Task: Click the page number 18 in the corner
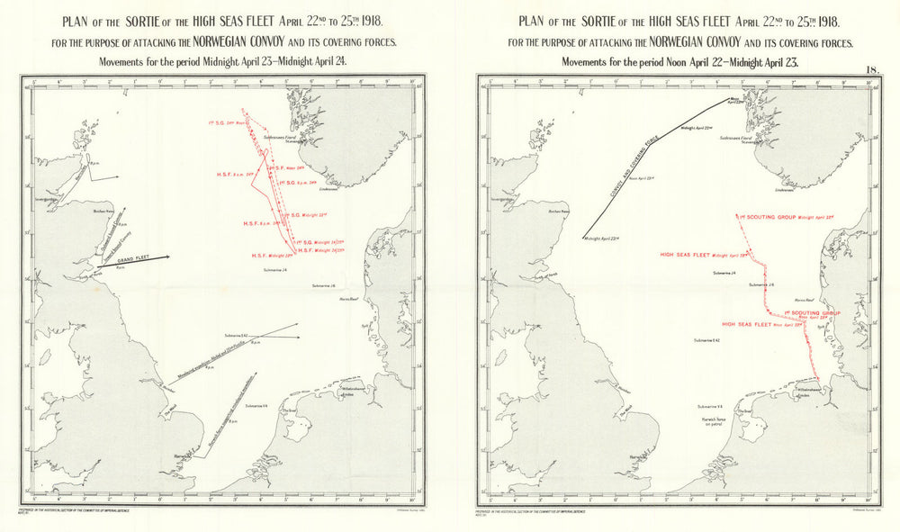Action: (872, 69)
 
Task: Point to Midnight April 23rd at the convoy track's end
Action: (604, 239)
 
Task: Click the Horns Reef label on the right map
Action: (804, 300)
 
